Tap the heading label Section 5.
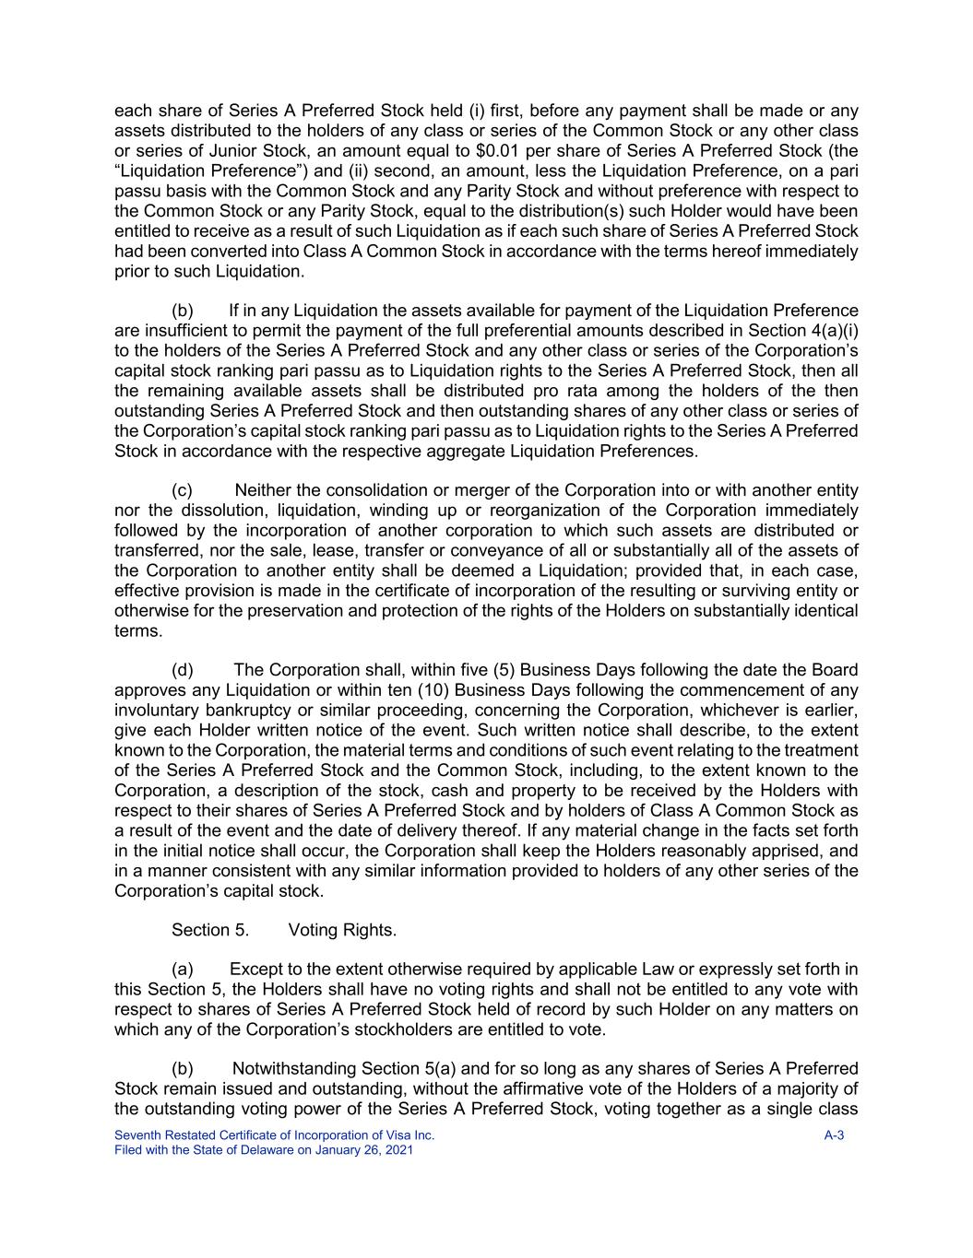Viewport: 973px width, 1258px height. pos(210,930)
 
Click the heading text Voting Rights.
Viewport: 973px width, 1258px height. pos(342,930)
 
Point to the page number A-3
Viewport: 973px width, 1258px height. pos(834,1135)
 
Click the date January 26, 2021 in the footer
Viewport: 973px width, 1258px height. pos(362,1150)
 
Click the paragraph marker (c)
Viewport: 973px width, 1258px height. pos(183,490)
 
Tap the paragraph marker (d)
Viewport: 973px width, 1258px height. pos(183,670)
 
